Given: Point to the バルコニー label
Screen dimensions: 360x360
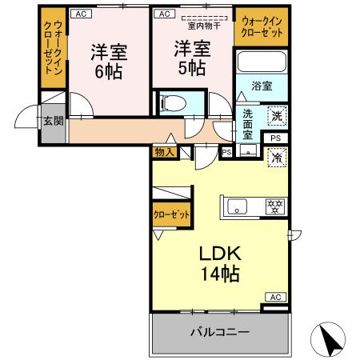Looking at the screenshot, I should [219, 332].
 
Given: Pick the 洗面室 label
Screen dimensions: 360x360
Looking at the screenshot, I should [248, 124].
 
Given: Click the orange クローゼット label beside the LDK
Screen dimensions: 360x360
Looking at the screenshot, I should [172, 214].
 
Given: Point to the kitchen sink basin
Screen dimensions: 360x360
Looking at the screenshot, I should [238, 207].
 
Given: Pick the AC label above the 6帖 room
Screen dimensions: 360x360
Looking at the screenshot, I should [81, 14].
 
